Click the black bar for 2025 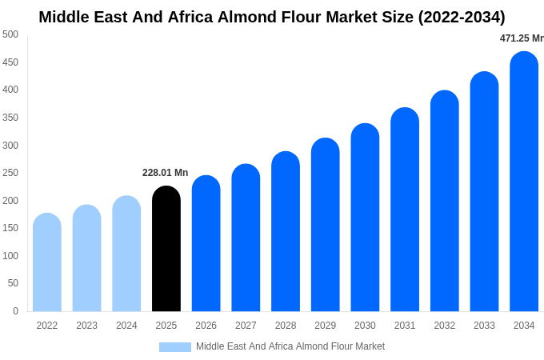pyautogui.click(x=166, y=249)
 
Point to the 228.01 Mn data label pyautogui.click(x=165, y=173)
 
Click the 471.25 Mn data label pyautogui.click(x=521, y=38)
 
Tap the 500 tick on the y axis pyautogui.click(x=10, y=34)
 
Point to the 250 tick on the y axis pyautogui.click(x=10, y=173)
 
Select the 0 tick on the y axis pyautogui.click(x=15, y=311)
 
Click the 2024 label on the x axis pyautogui.click(x=126, y=326)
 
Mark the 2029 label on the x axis pyautogui.click(x=325, y=326)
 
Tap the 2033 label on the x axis pyautogui.click(x=484, y=326)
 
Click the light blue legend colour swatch pyautogui.click(x=175, y=347)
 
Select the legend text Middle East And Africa pyautogui.click(x=245, y=346)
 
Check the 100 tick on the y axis pyautogui.click(x=10, y=256)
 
